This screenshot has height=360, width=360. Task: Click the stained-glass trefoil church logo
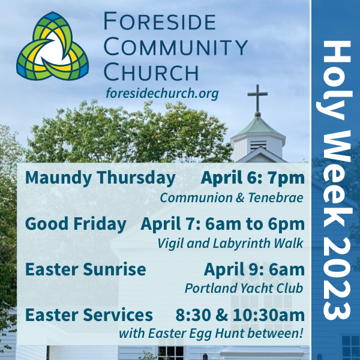click(x=53, y=46)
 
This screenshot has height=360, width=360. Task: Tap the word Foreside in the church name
click(x=160, y=22)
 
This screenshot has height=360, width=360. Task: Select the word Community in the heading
click(x=176, y=47)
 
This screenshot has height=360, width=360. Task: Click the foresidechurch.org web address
click(x=162, y=93)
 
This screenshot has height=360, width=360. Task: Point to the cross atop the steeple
click(x=257, y=99)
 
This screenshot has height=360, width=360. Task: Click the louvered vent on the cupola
click(x=258, y=146)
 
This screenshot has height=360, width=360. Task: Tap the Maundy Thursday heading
click(x=100, y=178)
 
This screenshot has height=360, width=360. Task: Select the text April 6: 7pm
click(x=253, y=178)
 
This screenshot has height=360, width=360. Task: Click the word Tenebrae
click(x=276, y=197)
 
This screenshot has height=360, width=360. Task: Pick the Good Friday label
click(x=76, y=224)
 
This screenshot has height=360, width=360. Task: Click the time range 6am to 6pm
click(x=255, y=224)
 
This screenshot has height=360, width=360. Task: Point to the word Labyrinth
click(x=242, y=244)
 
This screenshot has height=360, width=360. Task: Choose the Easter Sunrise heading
click(x=85, y=269)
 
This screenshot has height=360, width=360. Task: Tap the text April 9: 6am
click(x=254, y=269)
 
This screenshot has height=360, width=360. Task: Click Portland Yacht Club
click(x=244, y=289)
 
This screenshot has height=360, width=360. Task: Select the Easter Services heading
click(x=89, y=314)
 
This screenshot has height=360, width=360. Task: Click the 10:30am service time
click(x=269, y=315)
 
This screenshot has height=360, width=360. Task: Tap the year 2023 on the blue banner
click(x=337, y=278)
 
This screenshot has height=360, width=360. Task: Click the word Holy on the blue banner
click(x=334, y=80)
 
